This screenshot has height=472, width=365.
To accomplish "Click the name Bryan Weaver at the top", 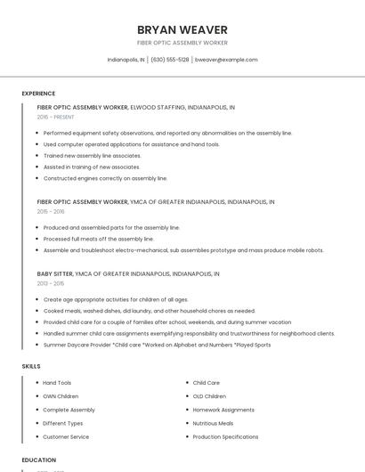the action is pyautogui.click(x=182, y=29).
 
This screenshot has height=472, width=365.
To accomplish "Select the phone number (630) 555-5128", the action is pyautogui.click(x=170, y=60).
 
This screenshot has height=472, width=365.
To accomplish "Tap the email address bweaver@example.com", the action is pyautogui.click(x=226, y=60).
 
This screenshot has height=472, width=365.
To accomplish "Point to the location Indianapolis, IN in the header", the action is pyautogui.click(x=126, y=60).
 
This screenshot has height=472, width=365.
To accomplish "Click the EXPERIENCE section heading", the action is pyautogui.click(x=38, y=94).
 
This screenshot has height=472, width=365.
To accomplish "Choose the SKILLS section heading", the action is pyautogui.click(x=31, y=366).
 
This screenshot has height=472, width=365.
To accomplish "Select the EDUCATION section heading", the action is pyautogui.click(x=38, y=460).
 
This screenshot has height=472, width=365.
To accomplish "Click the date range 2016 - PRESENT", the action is pyautogui.click(x=55, y=117).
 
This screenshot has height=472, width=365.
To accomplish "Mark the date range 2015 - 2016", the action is pyautogui.click(x=51, y=212).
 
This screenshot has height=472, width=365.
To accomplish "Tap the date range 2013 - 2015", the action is pyautogui.click(x=51, y=284).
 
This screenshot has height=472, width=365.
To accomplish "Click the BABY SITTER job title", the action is pyautogui.click(x=55, y=274).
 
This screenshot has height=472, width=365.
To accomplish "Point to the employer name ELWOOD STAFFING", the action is pyautogui.click(x=157, y=107).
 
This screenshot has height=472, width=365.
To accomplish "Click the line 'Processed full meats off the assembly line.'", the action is pyautogui.click(x=99, y=239).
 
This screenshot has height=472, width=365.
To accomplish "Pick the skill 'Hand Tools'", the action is pyautogui.click(x=57, y=383).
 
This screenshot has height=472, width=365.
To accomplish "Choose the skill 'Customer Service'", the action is pyautogui.click(x=66, y=437).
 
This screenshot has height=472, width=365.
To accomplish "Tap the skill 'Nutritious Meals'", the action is pyautogui.click(x=213, y=424).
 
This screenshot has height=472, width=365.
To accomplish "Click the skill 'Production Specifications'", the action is pyautogui.click(x=225, y=437).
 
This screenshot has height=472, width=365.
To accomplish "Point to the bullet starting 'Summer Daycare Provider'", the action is pyautogui.click(x=157, y=345).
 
